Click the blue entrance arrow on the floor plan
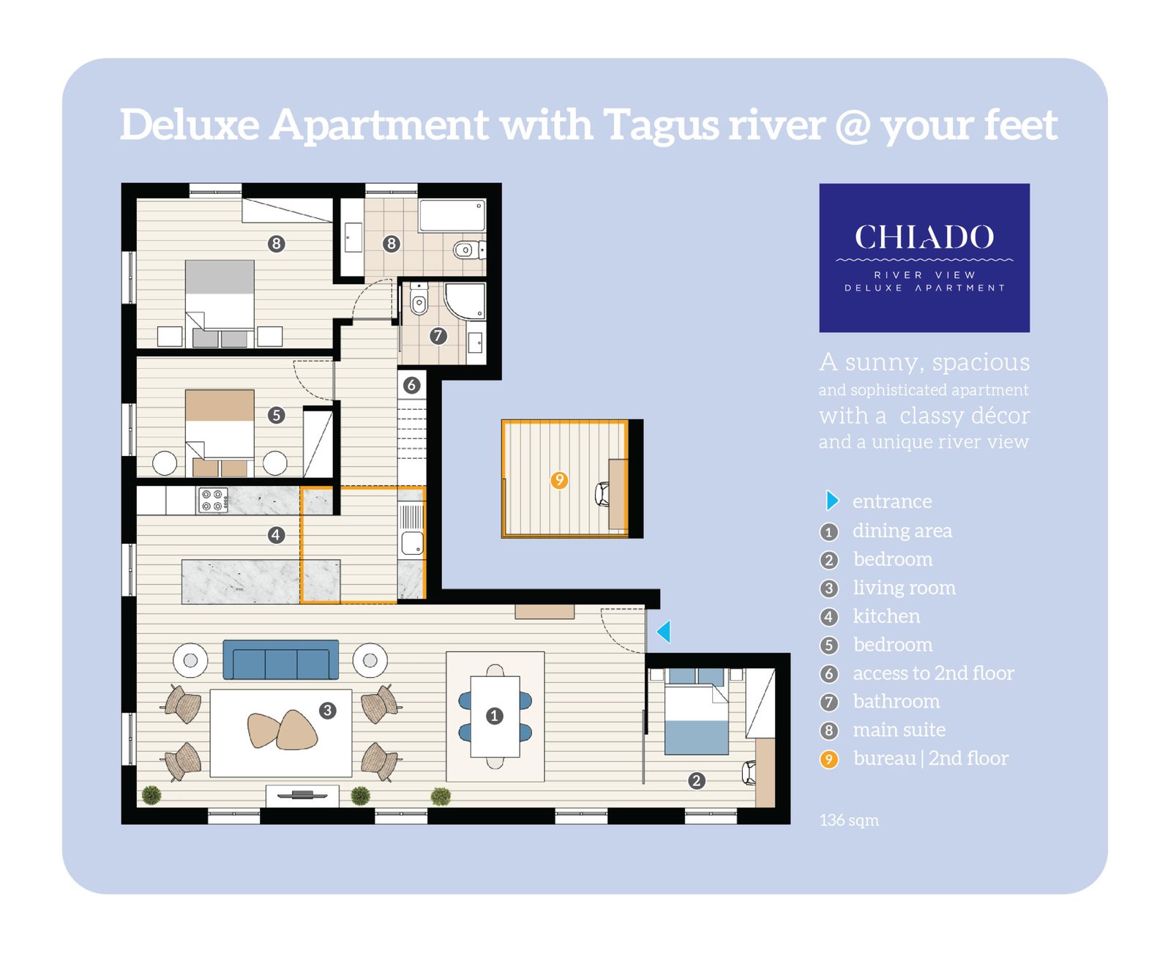point(664,631)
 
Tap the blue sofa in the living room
point(280,659)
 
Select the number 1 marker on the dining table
point(494,716)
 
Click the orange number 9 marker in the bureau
point(558,479)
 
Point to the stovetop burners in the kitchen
point(213,500)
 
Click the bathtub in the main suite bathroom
point(452,215)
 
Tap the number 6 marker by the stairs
point(411,385)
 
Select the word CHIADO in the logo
point(924,237)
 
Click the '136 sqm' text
point(848,820)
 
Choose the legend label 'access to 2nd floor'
point(933,673)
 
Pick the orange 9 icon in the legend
point(828,758)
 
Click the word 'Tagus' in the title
point(660,126)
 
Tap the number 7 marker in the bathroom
point(438,335)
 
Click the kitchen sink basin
point(411,542)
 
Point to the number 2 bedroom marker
point(696,780)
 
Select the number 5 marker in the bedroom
point(276,415)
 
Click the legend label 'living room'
point(904,588)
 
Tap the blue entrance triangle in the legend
point(831,500)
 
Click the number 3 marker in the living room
point(327,710)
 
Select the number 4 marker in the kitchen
point(276,534)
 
